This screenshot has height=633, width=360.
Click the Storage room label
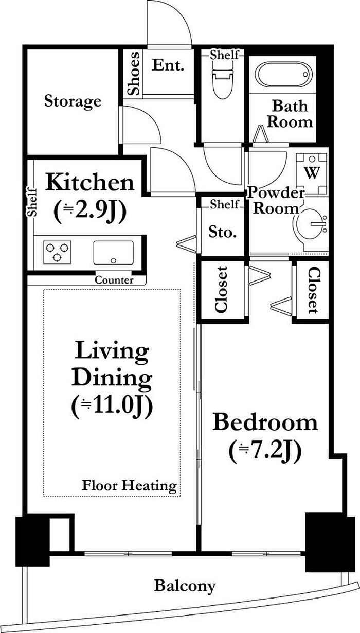pyautogui.click(x=73, y=101)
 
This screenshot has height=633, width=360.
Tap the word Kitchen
pyautogui.click(x=90, y=183)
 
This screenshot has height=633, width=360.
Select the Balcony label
pyautogui.click(x=185, y=586)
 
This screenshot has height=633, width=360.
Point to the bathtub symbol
pyautogui.click(x=284, y=75)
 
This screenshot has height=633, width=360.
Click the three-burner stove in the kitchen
pyautogui.click(x=57, y=252)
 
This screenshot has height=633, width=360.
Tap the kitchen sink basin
pyautogui.click(x=114, y=253)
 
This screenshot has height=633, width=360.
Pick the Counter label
pyautogui.click(x=114, y=280)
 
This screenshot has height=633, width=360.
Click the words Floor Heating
pyautogui.click(x=129, y=486)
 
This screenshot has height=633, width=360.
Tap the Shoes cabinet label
pyautogui.click(x=133, y=73)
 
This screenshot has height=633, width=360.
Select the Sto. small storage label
pyautogui.click(x=223, y=232)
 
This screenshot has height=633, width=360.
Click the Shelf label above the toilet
pyautogui.click(x=224, y=55)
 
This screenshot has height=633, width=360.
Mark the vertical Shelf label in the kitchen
pyautogui.click(x=32, y=202)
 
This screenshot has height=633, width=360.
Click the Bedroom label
pyautogui.click(x=265, y=422)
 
